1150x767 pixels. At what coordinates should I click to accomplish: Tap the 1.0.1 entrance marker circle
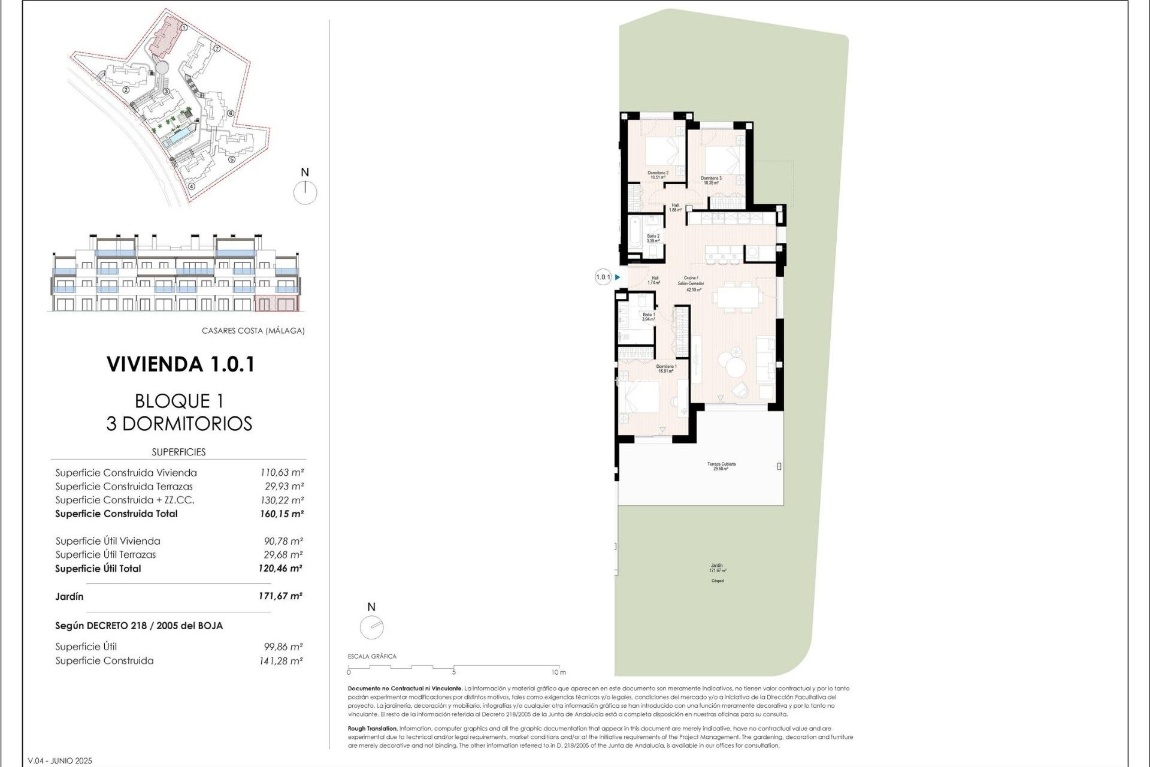pyautogui.click(x=603, y=277)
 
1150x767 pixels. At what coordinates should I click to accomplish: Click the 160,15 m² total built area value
pyautogui.click(x=282, y=514)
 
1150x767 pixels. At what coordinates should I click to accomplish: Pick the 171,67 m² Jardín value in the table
pyautogui.click(x=280, y=596)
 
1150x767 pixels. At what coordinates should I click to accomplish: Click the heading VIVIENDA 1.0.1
pyautogui.click(x=180, y=364)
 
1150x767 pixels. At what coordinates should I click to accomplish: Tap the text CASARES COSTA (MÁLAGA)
pyautogui.click(x=253, y=331)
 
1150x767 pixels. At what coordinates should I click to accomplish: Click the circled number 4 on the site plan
pyautogui.click(x=192, y=186)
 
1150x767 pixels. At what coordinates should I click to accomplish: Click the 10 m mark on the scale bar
pyautogui.click(x=558, y=672)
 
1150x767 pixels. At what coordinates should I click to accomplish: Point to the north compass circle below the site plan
pyautogui.click(x=305, y=193)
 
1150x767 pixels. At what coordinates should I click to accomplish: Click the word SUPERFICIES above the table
pyautogui.click(x=178, y=452)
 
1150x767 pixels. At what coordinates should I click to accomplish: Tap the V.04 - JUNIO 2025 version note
pyautogui.click(x=60, y=761)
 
